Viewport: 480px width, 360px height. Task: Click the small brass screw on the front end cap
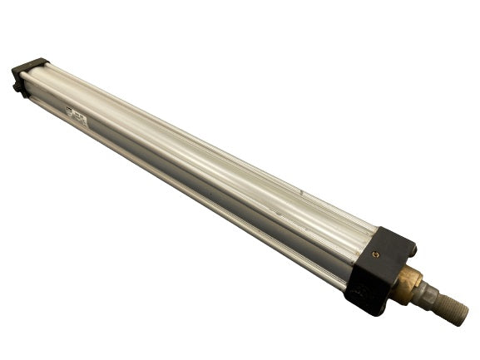(375, 254)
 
